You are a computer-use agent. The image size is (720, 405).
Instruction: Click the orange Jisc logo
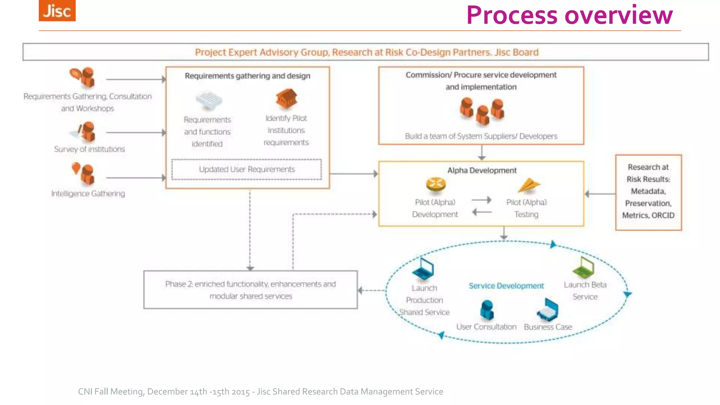(x=57, y=11)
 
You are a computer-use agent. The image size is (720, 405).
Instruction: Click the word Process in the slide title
(x=512, y=15)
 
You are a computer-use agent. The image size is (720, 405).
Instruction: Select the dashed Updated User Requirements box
(x=246, y=169)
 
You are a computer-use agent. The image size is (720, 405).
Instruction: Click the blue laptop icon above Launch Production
(x=423, y=269)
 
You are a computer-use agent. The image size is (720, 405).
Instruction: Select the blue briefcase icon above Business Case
(x=548, y=310)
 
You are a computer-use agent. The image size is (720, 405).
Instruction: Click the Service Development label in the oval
(x=506, y=286)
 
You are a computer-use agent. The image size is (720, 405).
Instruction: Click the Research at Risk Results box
(x=648, y=192)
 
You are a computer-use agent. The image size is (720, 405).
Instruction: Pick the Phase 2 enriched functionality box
(x=250, y=290)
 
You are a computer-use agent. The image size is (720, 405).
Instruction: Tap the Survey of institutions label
(x=89, y=149)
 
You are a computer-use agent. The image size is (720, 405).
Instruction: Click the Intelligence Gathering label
(x=88, y=193)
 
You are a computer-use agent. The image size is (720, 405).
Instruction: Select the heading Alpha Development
(x=482, y=171)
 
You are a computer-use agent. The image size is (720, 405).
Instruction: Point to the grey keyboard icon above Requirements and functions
(x=209, y=100)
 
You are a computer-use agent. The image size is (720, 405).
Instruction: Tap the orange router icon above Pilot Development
(x=436, y=184)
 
